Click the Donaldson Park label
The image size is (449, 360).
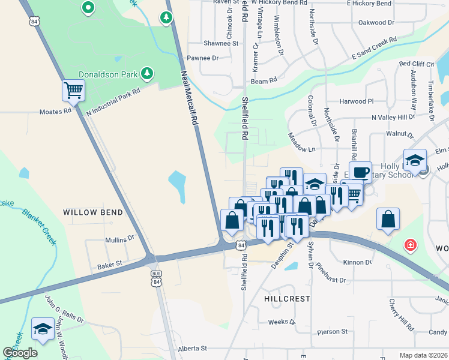[108, 75]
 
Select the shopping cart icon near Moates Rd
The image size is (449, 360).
[73, 91]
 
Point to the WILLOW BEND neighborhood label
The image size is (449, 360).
[93, 212]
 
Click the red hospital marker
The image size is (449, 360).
[410, 245]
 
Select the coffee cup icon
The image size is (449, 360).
[360, 172]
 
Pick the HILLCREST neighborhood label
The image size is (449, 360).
[286, 298]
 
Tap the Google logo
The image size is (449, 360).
[20, 353]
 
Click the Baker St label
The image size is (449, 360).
[110, 263]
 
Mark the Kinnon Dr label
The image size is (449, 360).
[358, 262]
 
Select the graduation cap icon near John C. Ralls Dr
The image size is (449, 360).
[43, 328]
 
